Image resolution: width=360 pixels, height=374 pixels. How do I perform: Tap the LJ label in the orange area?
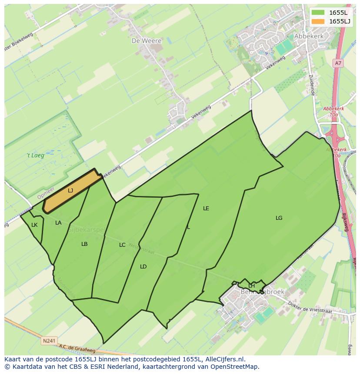pos(70,191)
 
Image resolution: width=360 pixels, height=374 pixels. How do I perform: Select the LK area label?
pos(34,225)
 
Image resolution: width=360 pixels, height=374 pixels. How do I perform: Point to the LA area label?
pos(58,223)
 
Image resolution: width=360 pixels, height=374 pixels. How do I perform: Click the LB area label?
pos(84,244)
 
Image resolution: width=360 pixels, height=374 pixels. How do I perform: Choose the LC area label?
pos(122,245)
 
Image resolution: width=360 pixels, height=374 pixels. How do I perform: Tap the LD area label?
pos(143,267)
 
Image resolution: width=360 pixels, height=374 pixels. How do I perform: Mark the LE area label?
pos(206,209)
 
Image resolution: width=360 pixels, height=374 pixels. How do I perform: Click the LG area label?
pos(279,218)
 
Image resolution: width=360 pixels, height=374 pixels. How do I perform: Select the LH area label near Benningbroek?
pos(251,285)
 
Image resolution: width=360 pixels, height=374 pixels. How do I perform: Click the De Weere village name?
pos(147,41)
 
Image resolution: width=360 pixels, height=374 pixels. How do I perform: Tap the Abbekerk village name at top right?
pos(309,36)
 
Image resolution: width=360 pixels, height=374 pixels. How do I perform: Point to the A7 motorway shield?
pos(338,63)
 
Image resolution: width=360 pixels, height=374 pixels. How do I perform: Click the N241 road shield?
pos(49,341)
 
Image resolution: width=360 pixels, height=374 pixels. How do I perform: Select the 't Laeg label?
pos(36,155)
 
